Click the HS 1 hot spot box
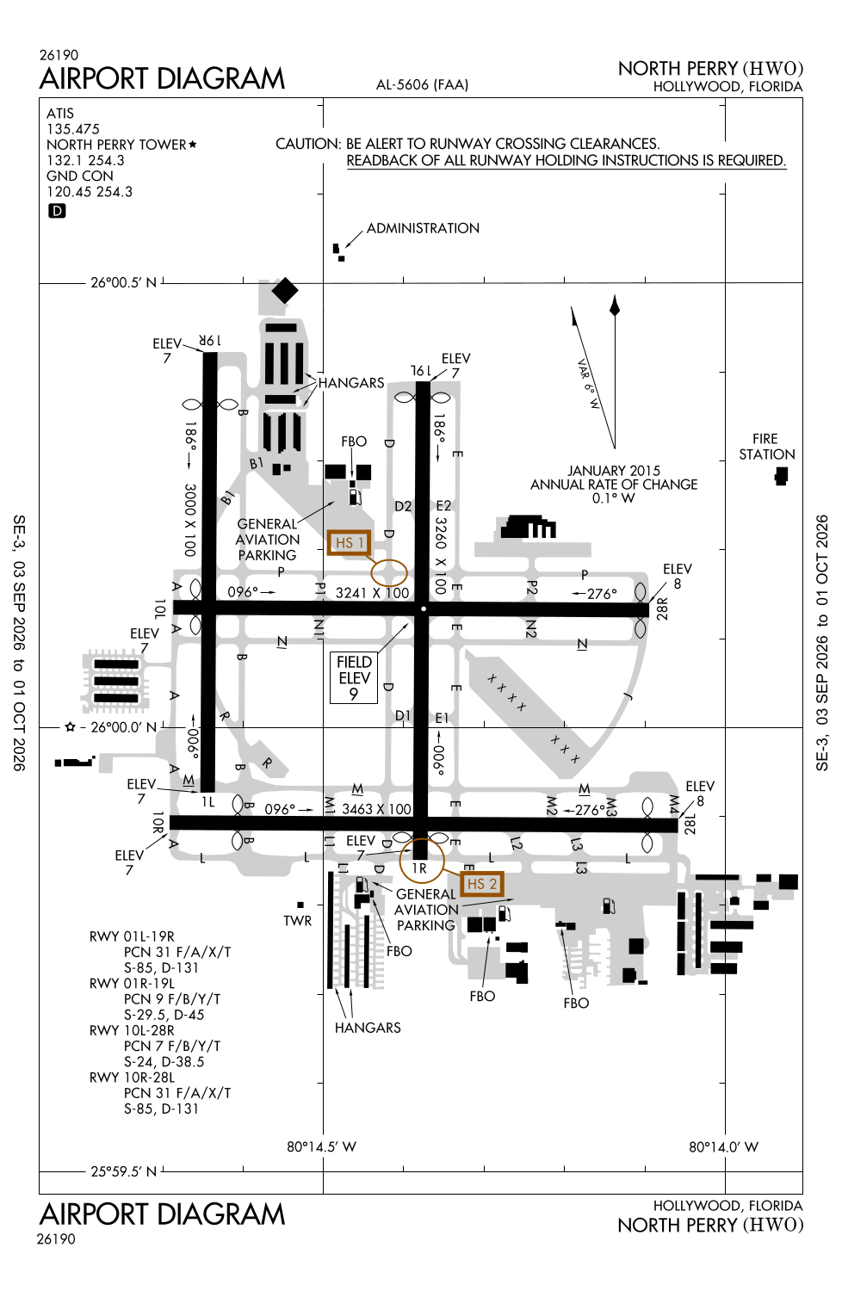[x=349, y=542]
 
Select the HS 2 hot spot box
[x=481, y=884]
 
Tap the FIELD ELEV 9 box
[x=354, y=677]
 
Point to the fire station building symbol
[x=781, y=476]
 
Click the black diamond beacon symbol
[x=284, y=290]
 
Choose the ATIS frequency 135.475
[x=73, y=129]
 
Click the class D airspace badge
[x=57, y=210]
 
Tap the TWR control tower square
[x=300, y=905]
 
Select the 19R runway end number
[x=210, y=341]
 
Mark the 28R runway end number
[x=662, y=608]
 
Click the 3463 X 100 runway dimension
[x=376, y=809]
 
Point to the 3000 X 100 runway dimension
[x=190, y=519]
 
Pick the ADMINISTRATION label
[x=423, y=228]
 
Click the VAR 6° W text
[x=588, y=384]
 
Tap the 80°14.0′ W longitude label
[x=723, y=1147]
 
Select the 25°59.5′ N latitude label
[x=123, y=1171]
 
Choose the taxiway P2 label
[x=531, y=588]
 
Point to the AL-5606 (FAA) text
[x=422, y=84]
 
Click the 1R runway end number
[x=419, y=868]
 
